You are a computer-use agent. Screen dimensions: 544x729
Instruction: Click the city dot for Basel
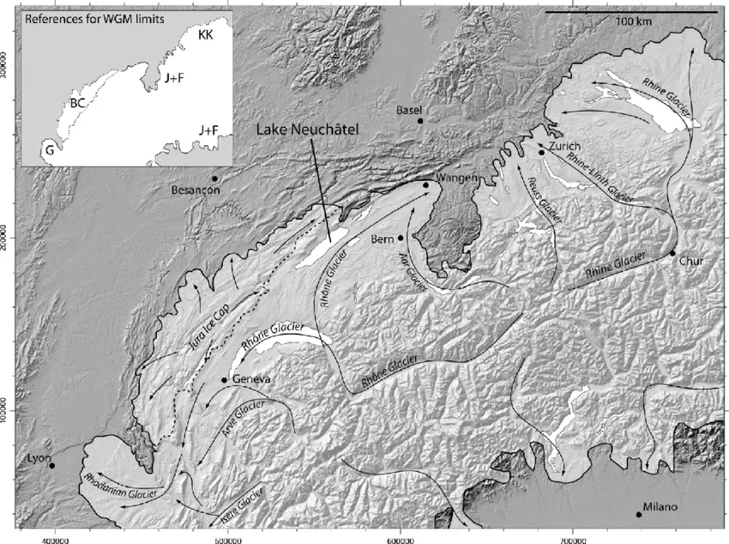point(420,121)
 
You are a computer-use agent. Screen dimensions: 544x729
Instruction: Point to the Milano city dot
point(638,515)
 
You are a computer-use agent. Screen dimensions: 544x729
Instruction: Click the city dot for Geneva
point(224,380)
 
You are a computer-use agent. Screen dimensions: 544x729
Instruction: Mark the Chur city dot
point(673,252)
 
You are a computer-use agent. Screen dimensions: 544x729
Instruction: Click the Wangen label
point(456,178)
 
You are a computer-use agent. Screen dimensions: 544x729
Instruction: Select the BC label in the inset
point(78,103)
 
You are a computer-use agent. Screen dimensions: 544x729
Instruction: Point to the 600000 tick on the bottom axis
point(401,535)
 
